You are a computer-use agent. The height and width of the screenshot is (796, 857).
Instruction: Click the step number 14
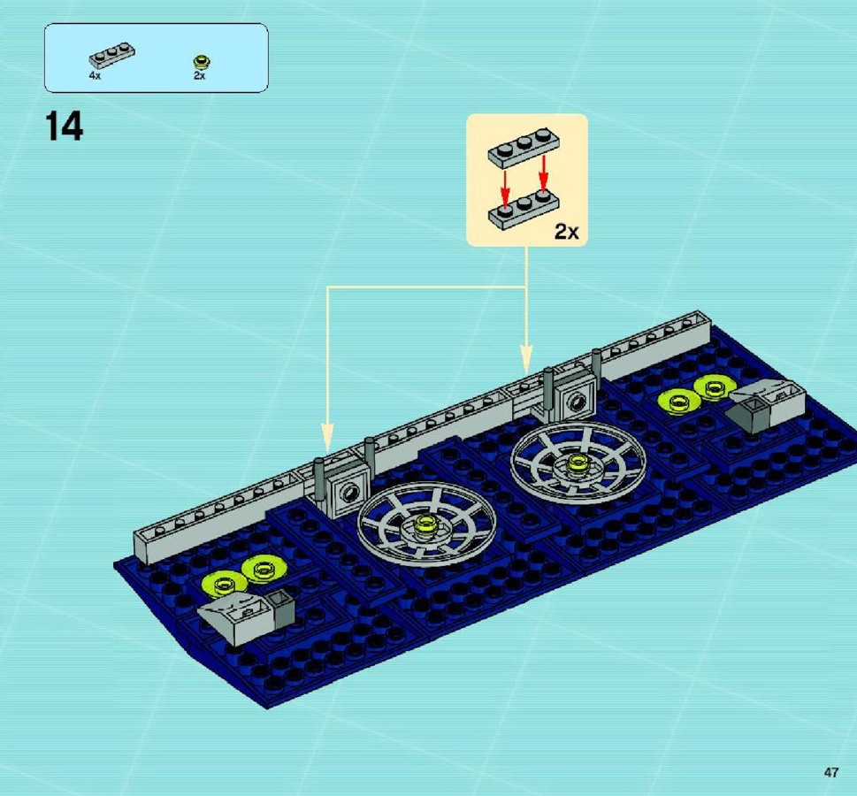tap(64, 126)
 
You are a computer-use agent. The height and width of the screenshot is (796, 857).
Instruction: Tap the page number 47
tap(830, 772)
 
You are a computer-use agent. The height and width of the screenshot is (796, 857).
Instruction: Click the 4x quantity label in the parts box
tap(96, 76)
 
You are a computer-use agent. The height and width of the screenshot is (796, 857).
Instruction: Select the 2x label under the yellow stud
tap(200, 76)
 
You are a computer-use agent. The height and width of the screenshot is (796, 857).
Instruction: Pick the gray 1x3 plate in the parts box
tap(112, 55)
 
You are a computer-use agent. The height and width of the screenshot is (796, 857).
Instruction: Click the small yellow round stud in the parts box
tap(202, 62)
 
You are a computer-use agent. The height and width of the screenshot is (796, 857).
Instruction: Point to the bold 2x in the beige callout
tap(566, 232)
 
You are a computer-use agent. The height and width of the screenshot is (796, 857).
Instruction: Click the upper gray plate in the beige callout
tap(524, 148)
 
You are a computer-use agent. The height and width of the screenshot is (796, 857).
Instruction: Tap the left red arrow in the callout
tap(506, 188)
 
